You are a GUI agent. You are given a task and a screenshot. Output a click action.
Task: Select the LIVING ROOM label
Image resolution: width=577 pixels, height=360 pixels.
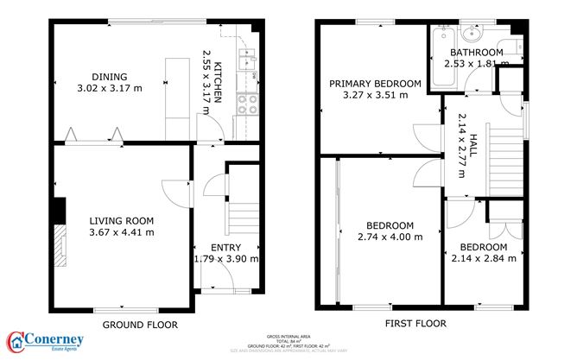(122, 219)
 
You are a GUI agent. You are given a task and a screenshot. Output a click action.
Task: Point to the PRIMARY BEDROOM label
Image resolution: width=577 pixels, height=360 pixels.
(374, 84)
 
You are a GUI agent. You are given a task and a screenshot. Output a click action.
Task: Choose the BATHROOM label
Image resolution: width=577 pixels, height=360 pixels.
(473, 52)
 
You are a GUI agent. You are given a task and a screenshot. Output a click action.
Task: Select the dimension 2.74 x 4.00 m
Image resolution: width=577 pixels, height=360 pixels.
(390, 237)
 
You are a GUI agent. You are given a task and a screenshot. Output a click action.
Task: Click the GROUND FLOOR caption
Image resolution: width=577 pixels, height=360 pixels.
(140, 325)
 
